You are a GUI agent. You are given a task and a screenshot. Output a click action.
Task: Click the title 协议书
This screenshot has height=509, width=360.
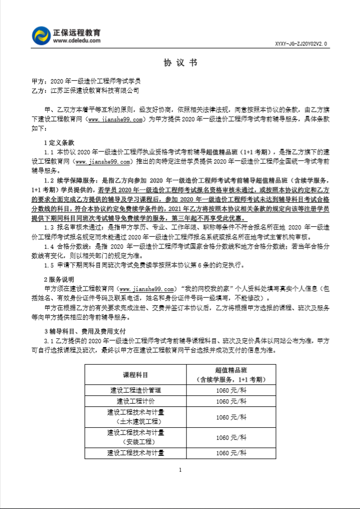point(180,62)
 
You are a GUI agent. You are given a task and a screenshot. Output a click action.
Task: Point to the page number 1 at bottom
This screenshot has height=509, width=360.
point(180,470)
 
